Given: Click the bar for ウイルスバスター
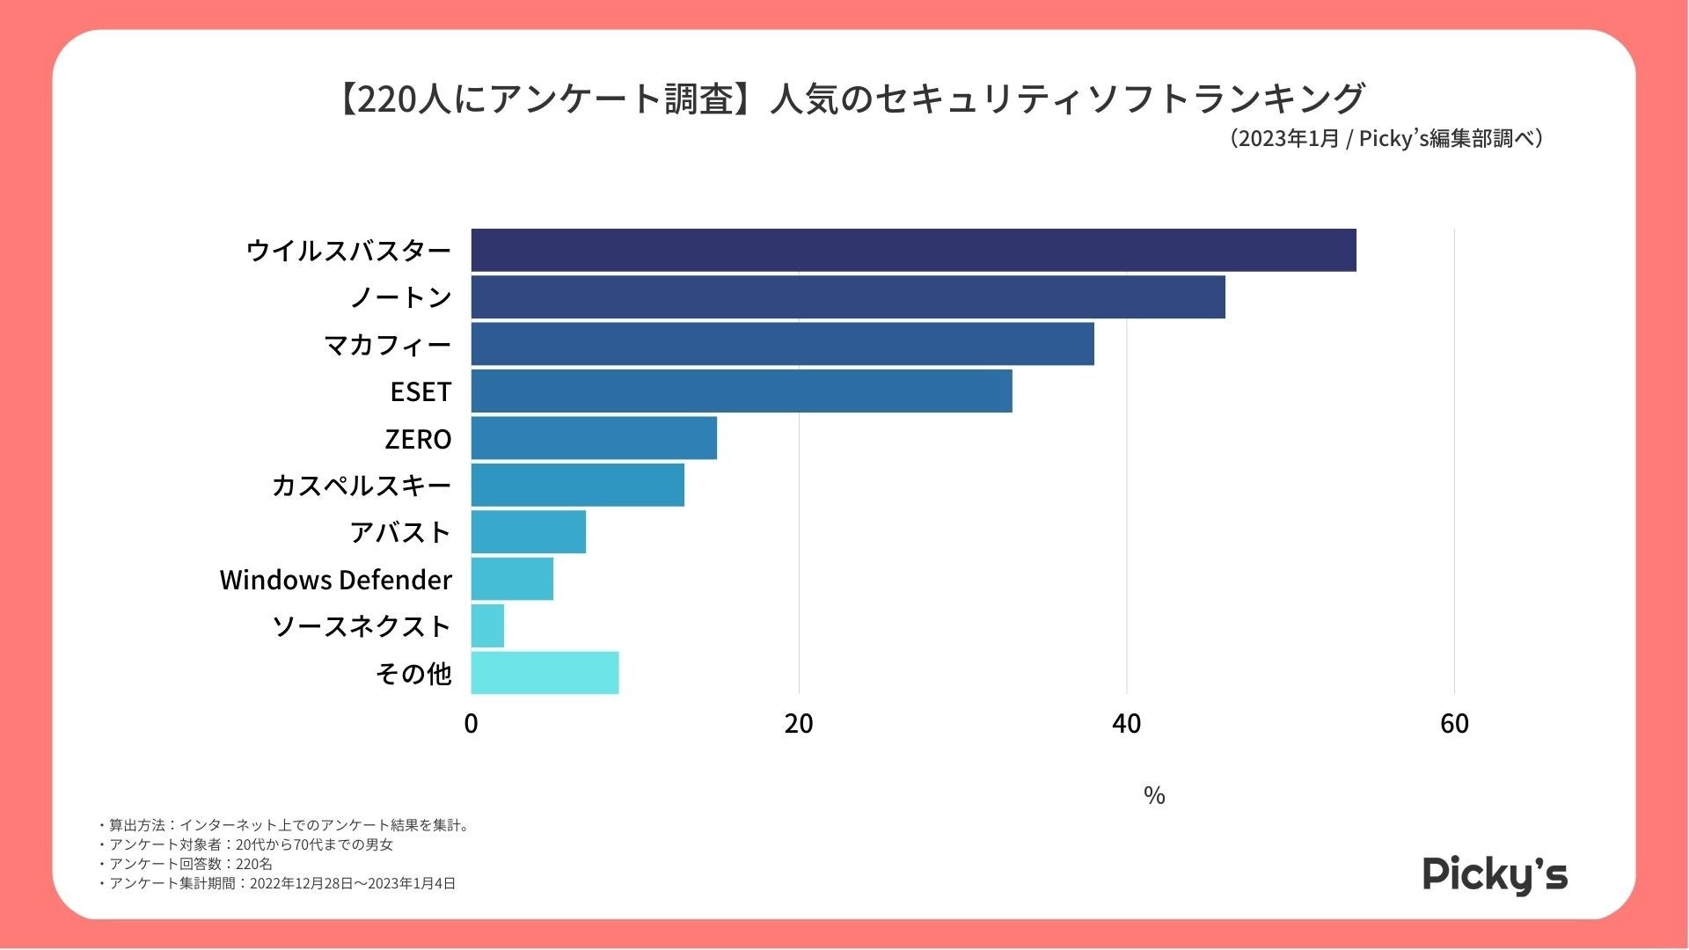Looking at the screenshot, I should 913,251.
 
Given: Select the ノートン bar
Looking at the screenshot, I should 848,297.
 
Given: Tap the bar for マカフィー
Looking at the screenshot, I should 782,344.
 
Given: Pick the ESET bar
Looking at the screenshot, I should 742,391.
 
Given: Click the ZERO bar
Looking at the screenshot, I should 594,438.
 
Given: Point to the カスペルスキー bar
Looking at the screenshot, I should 577,485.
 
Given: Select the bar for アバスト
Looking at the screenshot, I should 528,532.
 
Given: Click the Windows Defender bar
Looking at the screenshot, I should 512,579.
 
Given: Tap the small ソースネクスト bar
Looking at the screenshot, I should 487,626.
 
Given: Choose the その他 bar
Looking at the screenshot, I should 545,673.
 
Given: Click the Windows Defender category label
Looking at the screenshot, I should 335,580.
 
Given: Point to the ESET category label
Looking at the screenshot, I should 420,391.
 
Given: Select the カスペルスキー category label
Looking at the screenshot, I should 361,486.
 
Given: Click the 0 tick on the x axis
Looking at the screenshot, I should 471,724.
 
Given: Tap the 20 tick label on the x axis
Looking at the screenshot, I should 799,724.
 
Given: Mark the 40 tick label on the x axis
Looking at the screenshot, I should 1126,724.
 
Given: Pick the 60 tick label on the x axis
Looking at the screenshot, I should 1454,724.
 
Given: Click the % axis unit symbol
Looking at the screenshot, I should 1154,795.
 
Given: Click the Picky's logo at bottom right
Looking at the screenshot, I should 1495,874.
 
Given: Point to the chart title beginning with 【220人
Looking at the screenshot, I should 849,99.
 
